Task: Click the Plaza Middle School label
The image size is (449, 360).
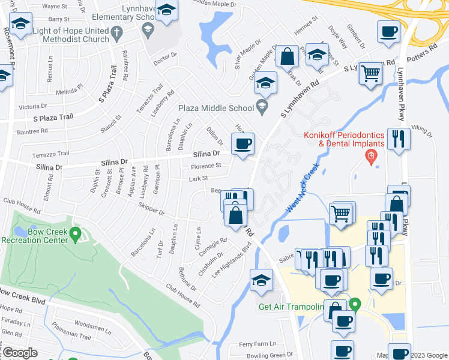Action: point(215,108)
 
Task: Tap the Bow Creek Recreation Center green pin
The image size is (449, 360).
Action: point(75,233)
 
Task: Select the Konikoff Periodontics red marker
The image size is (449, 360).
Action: point(371,157)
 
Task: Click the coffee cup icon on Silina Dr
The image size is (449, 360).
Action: point(243,144)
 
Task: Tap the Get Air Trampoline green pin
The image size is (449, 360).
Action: point(354,304)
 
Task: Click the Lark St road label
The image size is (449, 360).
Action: point(198,178)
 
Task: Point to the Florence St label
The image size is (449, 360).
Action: point(206,165)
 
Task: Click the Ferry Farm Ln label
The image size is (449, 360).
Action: point(257,344)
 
